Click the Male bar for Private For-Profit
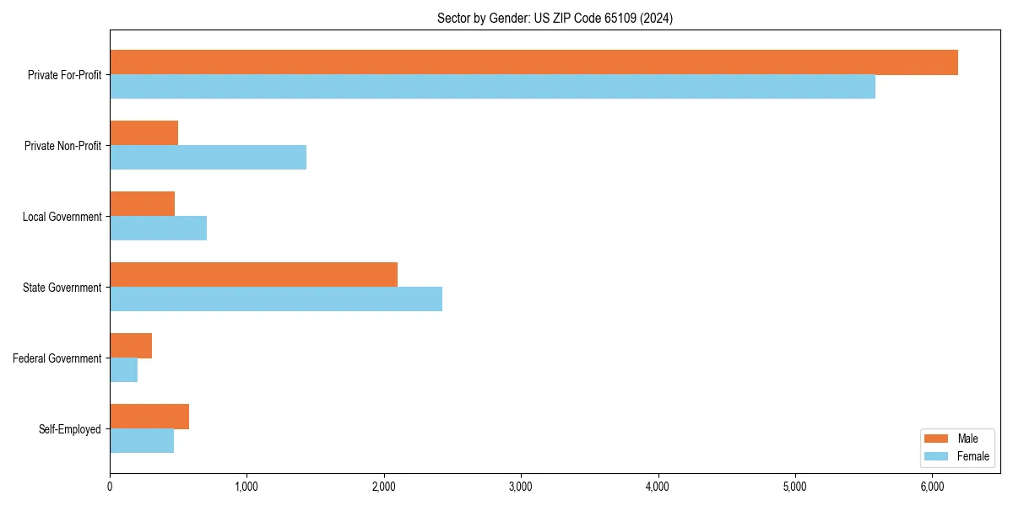point(534,62)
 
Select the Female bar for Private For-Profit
point(492,87)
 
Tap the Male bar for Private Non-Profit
point(144,133)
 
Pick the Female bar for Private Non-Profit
point(208,158)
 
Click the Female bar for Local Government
point(159,229)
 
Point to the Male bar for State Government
point(253,275)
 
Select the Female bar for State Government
point(276,299)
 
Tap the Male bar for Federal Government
point(131,346)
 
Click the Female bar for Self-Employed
point(142,441)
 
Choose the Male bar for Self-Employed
point(149,417)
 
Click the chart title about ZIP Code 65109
point(555,18)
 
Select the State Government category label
point(62,288)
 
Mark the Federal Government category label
point(57,358)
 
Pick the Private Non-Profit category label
point(62,146)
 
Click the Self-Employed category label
point(70,429)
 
